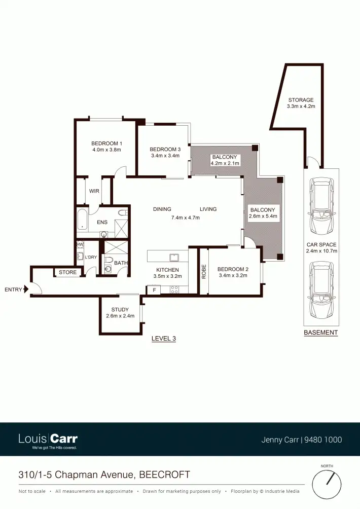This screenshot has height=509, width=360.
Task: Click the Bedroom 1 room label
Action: [106, 143]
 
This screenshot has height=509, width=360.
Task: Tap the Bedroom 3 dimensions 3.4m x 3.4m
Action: [165, 156]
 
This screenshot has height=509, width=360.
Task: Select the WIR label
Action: [94, 191]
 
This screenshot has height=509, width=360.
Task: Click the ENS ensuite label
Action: [102, 222]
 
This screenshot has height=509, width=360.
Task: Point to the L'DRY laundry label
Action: [91, 257]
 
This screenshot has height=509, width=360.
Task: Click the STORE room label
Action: [67, 272]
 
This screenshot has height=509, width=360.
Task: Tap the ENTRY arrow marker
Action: [26, 289]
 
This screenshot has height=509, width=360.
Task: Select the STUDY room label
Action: [120, 309]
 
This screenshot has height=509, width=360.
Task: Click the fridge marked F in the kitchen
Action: [154, 290]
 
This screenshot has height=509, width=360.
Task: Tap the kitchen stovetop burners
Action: [174, 290]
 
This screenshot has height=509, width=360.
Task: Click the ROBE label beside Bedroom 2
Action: [204, 272]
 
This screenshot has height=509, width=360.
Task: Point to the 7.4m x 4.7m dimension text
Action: [185, 217]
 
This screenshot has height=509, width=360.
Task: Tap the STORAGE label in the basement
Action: [301, 100]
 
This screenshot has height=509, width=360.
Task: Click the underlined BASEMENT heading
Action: [320, 333]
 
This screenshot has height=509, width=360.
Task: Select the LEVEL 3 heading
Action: [164, 338]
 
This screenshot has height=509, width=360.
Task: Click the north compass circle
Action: [327, 484]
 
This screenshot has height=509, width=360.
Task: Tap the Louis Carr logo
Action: [48, 440]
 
